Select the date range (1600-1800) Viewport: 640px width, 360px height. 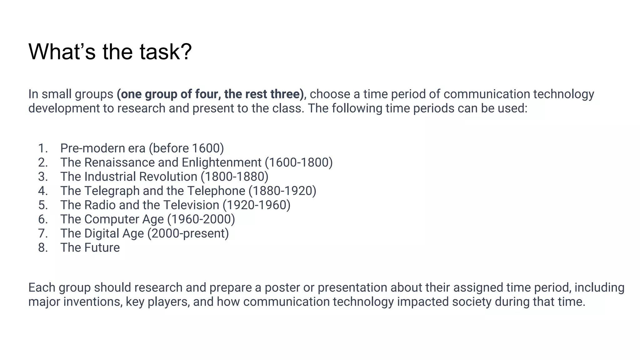(x=299, y=162)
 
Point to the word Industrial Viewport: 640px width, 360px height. (x=109, y=177)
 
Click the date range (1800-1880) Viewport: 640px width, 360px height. (x=234, y=177)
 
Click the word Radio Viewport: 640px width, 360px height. (x=100, y=205)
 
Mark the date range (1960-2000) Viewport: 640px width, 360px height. (x=201, y=219)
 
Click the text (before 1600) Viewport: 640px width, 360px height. (x=186, y=148)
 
